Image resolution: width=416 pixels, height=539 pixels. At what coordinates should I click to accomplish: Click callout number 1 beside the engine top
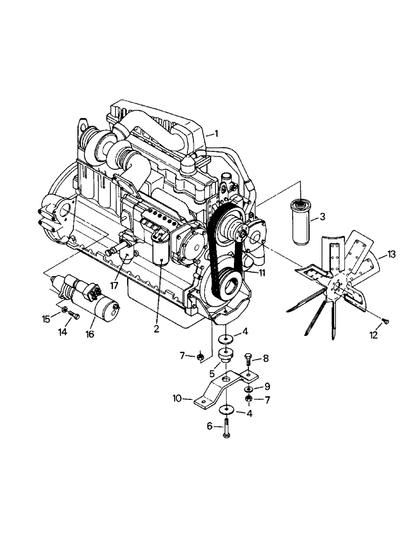[216, 133]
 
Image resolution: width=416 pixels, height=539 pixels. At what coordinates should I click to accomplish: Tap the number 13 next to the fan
[391, 254]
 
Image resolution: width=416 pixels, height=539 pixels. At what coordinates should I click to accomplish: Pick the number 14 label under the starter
[63, 333]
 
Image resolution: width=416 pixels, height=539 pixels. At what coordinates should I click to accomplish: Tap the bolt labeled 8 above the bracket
[247, 358]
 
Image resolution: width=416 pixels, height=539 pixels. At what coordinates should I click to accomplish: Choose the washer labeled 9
[248, 389]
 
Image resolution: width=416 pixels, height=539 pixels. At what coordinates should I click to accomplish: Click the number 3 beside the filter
[322, 217]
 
